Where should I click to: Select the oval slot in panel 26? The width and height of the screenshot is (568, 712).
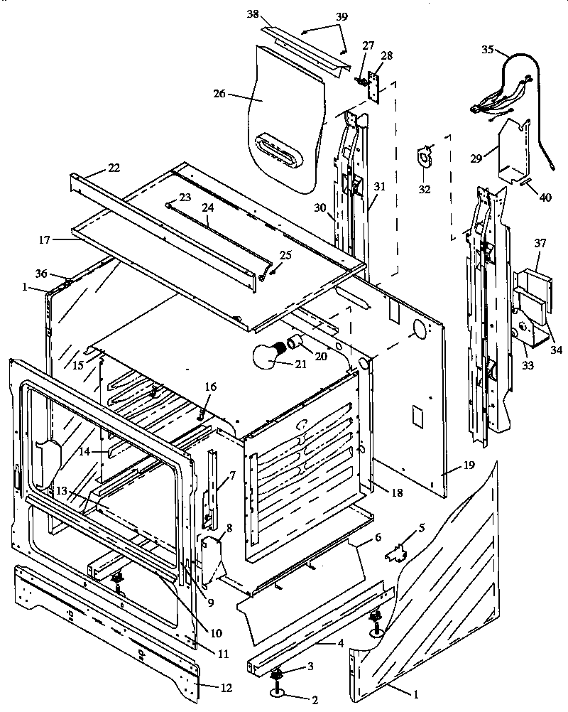click(283, 149)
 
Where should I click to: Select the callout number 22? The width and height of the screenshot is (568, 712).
click(114, 168)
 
